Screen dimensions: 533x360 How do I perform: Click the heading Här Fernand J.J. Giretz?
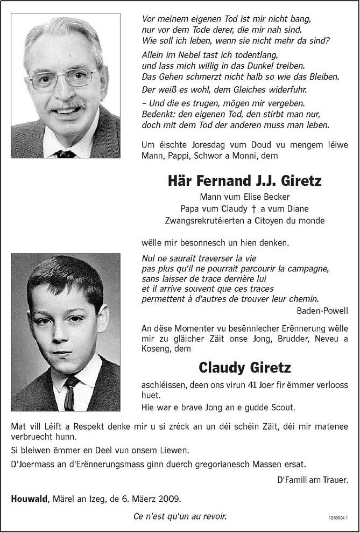point(244,180)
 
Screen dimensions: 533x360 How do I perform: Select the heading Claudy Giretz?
point(245,368)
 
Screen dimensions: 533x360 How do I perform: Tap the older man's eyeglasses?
point(63,79)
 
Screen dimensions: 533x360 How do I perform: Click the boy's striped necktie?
point(69,392)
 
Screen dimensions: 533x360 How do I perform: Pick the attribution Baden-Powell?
point(322,311)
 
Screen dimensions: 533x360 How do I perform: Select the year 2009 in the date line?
point(170,499)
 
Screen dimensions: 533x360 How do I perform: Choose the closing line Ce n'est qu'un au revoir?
point(180,517)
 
